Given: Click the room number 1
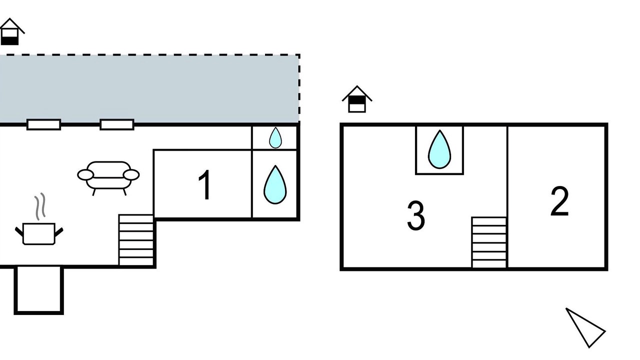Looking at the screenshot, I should (x=204, y=185).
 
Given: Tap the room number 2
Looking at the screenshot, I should (x=559, y=201).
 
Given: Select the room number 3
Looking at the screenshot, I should (x=415, y=216).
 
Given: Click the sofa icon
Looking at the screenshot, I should (x=108, y=175).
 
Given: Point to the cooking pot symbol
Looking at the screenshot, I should (x=39, y=233).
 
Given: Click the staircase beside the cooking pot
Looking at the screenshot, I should (x=136, y=240).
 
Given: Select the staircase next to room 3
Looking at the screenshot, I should (x=489, y=242).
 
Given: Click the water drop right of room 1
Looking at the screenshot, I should (x=275, y=185).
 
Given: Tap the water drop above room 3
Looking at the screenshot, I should (x=439, y=149).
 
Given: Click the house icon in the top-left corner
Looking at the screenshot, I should (x=10, y=32).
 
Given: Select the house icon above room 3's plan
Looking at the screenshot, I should (x=356, y=99).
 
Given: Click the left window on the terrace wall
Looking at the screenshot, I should (x=43, y=124).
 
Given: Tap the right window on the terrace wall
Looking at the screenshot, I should (x=116, y=124).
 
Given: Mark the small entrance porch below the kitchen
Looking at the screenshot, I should (x=38, y=290).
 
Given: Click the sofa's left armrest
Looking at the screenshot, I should (x=85, y=174).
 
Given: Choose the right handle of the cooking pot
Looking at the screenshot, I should (x=58, y=231).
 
